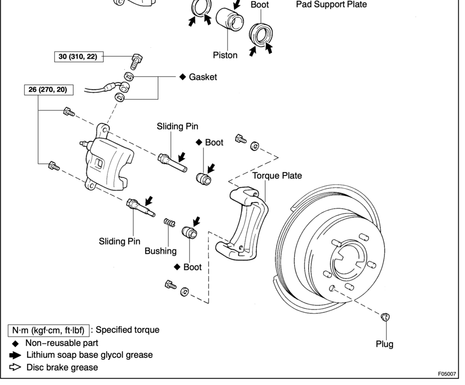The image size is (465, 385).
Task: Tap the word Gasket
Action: pyautogui.click(x=203, y=78)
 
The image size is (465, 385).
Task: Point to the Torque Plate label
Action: pyautogui.click(x=277, y=176)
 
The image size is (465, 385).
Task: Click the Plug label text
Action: pyautogui.click(x=384, y=344)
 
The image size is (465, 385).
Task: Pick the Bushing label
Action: pyautogui.click(x=160, y=251)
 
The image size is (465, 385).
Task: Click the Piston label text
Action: pyautogui.click(x=225, y=55)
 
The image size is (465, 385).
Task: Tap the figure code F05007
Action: pyautogui.click(x=447, y=374)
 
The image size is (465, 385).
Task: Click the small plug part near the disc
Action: pyautogui.click(x=385, y=316)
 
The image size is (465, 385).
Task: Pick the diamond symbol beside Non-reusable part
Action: pyautogui.click(x=16, y=343)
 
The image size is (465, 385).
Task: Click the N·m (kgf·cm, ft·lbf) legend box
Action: pyautogui.click(x=49, y=330)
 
